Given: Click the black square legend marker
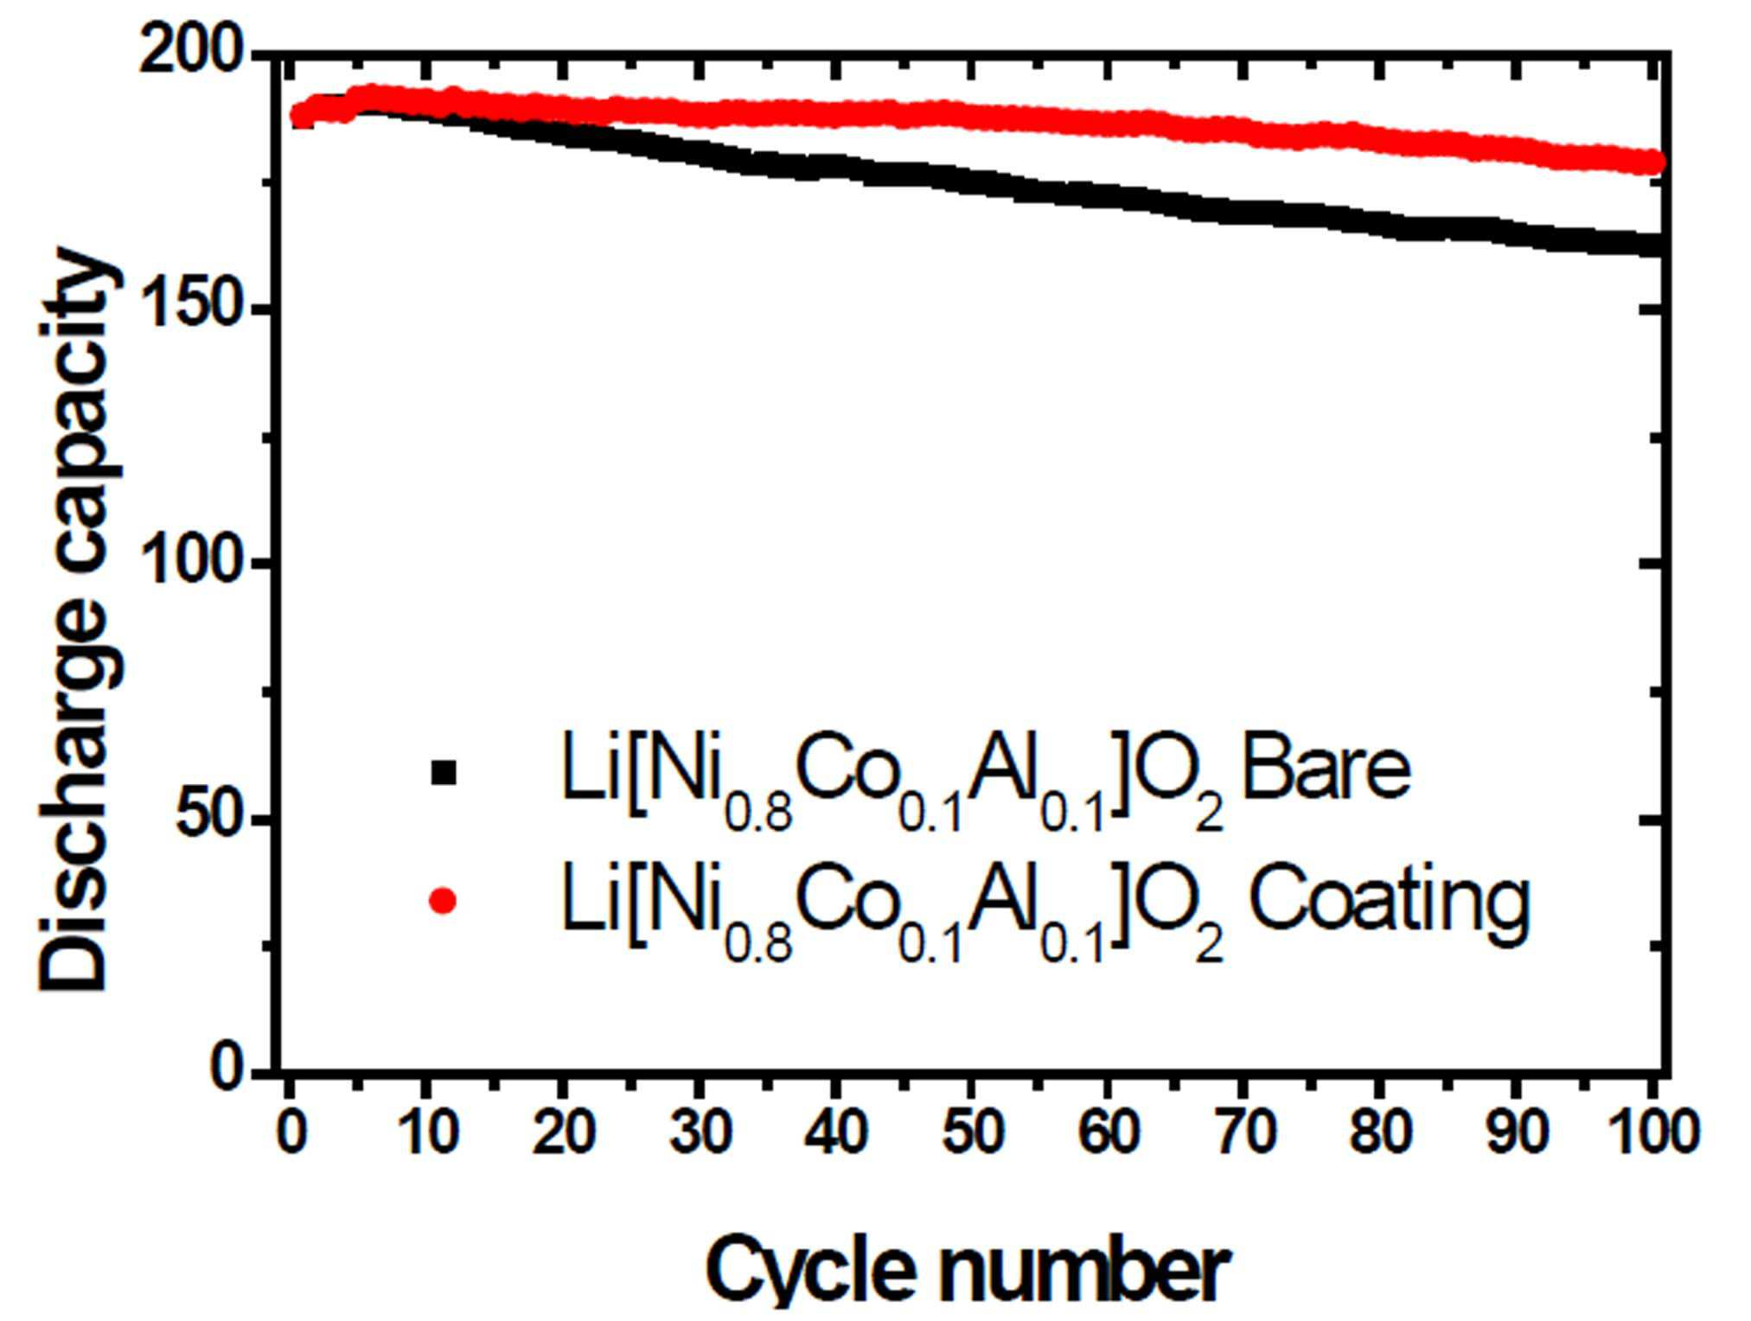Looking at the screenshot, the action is point(443,772).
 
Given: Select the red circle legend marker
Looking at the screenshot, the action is point(443,901).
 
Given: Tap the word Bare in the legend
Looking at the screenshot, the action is point(1326,769).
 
